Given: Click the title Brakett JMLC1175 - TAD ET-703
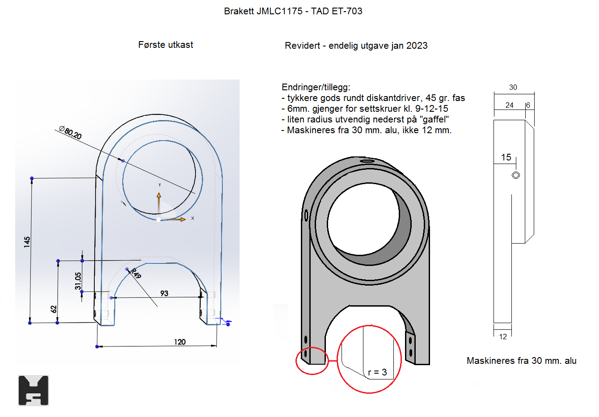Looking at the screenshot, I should pyautogui.click(x=293, y=11).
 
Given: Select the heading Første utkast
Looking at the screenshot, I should pyautogui.click(x=165, y=45).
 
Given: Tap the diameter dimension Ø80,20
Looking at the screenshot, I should pyautogui.click(x=71, y=133).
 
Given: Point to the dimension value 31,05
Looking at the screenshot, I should pyautogui.click(x=79, y=281).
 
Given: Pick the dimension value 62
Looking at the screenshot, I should pyautogui.click(x=54, y=309).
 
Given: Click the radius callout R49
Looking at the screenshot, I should pyautogui.click(x=136, y=273).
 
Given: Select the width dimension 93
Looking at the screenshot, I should pyautogui.click(x=164, y=293).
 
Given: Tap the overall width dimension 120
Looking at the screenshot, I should pyautogui.click(x=180, y=342).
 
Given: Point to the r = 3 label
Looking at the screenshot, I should pyautogui.click(x=377, y=372).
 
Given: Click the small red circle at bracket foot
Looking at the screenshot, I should pyautogui.click(x=312, y=361).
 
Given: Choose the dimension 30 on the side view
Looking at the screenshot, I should pyautogui.click(x=513, y=88).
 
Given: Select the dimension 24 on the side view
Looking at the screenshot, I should pyautogui.click(x=509, y=105).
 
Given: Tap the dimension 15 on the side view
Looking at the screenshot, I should pyautogui.click(x=506, y=157).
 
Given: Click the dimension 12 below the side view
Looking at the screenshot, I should pyautogui.click(x=503, y=337).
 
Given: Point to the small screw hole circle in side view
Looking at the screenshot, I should pyautogui.click(x=516, y=175).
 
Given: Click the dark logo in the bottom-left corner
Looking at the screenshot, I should pyautogui.click(x=34, y=391).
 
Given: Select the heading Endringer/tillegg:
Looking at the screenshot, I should pyautogui.click(x=316, y=87).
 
